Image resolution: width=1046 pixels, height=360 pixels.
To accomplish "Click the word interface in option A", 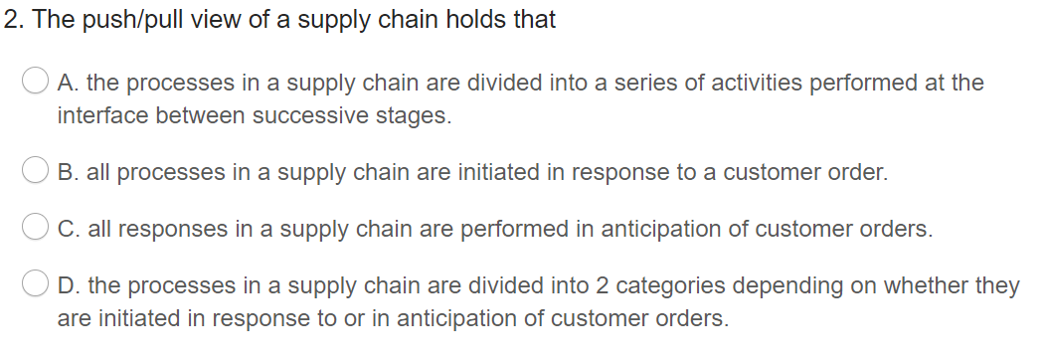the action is [96, 116].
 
